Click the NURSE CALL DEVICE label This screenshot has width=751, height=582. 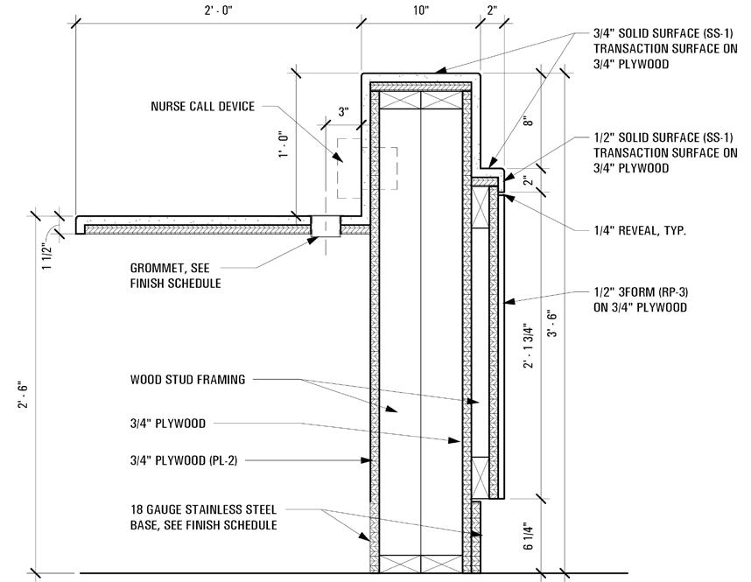202,107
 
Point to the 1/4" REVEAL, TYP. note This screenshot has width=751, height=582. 639,231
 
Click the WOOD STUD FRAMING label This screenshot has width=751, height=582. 187,380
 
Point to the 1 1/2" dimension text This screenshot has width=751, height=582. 47,259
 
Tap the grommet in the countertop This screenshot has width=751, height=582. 326,227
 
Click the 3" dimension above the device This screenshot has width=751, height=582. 343,113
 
